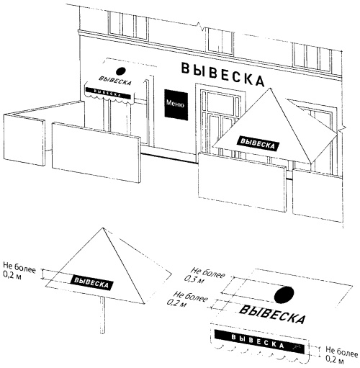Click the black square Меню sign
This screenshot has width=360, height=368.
click(x=176, y=104)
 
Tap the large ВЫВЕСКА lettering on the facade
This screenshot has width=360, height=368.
click(x=222, y=74)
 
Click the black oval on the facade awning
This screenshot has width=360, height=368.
click(x=121, y=71)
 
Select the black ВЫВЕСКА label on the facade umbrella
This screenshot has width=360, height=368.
click(x=258, y=143)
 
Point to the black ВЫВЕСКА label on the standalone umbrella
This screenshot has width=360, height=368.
click(x=91, y=282)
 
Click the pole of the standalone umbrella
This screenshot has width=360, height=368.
click(x=102, y=315)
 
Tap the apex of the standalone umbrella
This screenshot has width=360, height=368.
click(x=103, y=228)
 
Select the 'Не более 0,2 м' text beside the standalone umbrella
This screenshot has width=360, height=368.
click(x=19, y=271)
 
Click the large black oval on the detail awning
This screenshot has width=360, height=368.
click(x=284, y=295)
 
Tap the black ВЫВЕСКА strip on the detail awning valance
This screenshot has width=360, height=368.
click(x=259, y=341)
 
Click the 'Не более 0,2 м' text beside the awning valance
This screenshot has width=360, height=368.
click(x=342, y=354)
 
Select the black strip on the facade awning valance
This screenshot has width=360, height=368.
click(x=109, y=93)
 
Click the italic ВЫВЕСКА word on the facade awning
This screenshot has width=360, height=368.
click(x=115, y=81)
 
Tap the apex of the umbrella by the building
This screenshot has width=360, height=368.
click(x=271, y=88)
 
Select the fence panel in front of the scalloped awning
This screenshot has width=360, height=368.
click(x=96, y=152)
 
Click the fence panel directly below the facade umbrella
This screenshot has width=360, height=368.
click(x=243, y=182)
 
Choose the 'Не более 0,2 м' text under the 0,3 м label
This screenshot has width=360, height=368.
click(x=187, y=299)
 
